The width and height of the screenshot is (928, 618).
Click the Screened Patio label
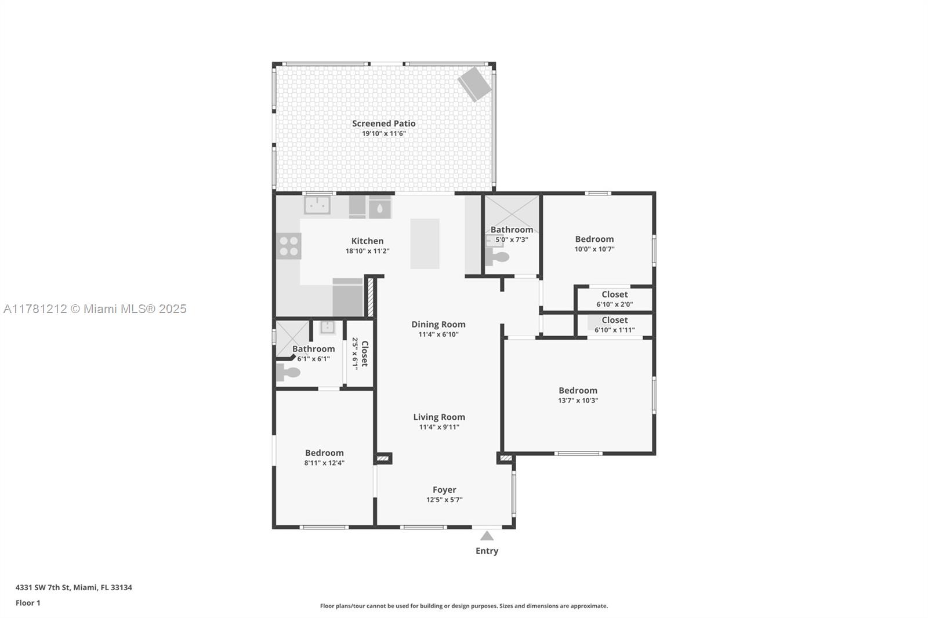(x=383, y=123)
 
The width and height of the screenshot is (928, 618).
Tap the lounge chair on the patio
(x=474, y=84)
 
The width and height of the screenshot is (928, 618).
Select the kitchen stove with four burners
(x=289, y=246)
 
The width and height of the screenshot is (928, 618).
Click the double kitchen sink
(x=317, y=205)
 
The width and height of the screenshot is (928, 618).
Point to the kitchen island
(x=425, y=243)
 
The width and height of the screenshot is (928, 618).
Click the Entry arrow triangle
(x=487, y=536)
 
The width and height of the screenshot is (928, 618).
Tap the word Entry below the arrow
(x=487, y=551)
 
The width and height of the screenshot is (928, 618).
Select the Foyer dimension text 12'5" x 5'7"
(x=444, y=500)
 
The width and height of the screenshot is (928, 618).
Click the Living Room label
(x=439, y=417)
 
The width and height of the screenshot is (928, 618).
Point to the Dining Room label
(x=438, y=324)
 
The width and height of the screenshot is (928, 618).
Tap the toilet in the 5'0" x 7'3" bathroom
(x=496, y=257)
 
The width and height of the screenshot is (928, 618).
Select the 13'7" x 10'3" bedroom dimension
(x=578, y=401)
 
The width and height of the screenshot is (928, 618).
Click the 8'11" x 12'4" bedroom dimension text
(x=324, y=463)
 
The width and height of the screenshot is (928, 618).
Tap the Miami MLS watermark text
(x=95, y=309)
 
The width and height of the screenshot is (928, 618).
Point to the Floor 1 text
(x=28, y=603)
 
